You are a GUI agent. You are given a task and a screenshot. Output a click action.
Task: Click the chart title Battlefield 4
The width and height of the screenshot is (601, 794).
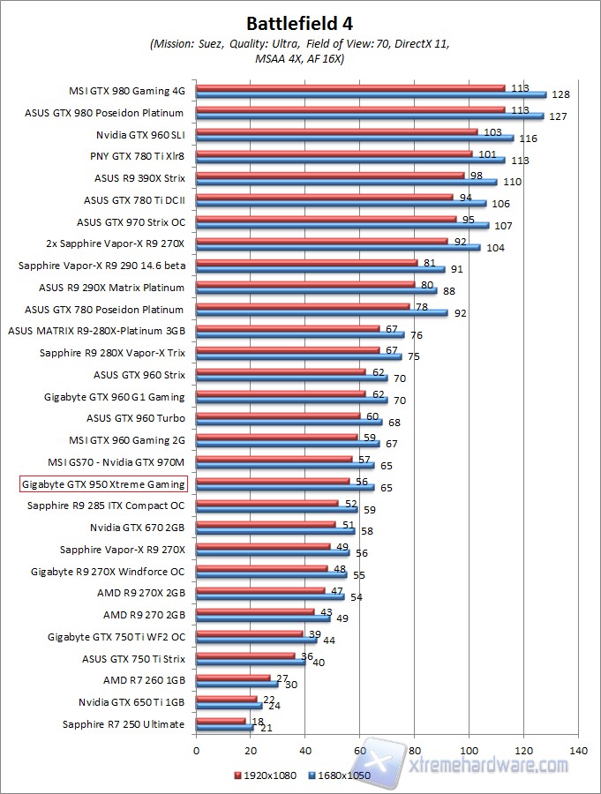(301, 22)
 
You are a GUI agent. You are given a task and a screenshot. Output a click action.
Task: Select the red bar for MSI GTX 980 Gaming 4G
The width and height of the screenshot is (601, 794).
(350, 87)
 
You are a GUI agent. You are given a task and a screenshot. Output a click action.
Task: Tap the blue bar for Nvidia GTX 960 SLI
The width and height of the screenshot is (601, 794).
(354, 138)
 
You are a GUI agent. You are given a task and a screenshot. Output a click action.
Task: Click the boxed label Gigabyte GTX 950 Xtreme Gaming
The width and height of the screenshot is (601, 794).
(103, 484)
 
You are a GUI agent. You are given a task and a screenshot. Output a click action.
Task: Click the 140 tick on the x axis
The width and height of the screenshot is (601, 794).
(578, 751)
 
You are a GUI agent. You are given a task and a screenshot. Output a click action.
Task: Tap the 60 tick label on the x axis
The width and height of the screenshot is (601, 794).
(360, 751)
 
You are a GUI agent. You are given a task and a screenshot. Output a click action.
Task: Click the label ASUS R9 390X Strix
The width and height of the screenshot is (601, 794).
(139, 177)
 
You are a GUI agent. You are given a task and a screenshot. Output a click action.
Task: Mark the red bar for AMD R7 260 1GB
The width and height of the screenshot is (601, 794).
(233, 678)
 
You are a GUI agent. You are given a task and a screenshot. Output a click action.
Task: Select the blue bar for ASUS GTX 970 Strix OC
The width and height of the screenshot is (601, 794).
(342, 225)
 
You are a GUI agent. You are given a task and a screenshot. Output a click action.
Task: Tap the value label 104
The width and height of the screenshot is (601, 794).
(495, 248)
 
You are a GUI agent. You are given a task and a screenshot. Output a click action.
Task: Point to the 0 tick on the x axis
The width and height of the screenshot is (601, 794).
(196, 751)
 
